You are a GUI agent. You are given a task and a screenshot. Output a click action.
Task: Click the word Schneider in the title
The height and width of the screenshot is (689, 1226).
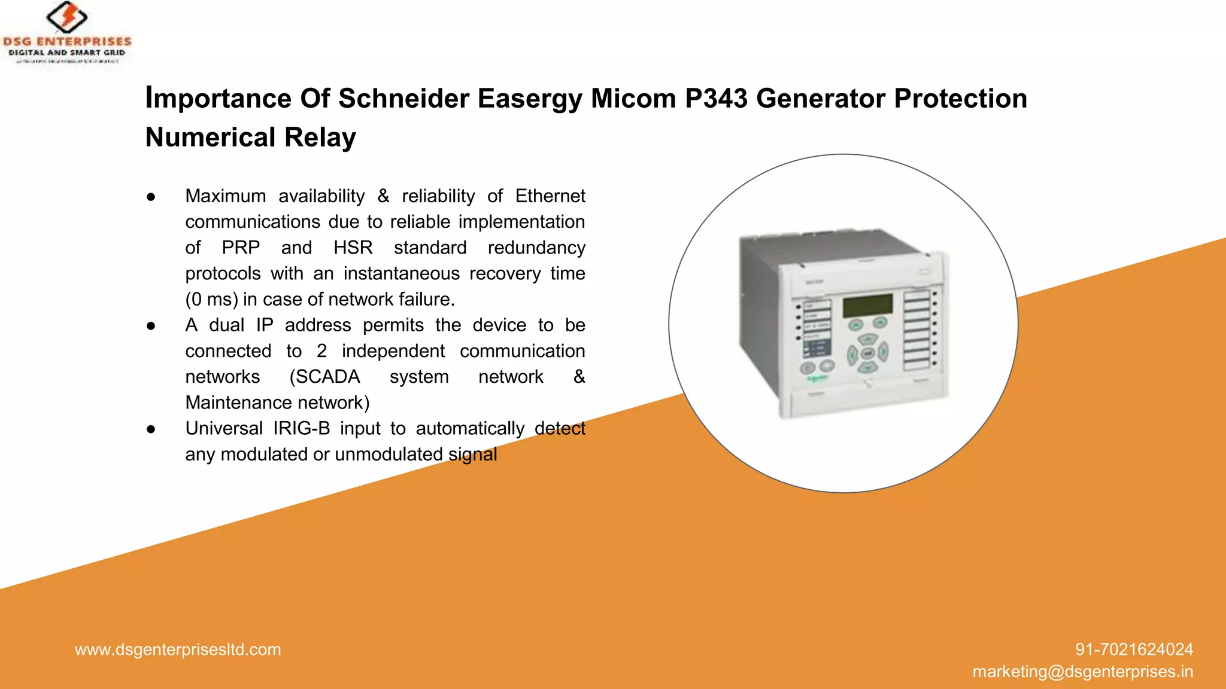coord(403,99)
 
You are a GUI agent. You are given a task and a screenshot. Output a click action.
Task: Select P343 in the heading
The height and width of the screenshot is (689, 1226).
coord(716,99)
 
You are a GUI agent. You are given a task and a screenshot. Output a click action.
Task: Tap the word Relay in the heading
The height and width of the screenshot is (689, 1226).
coord(320,138)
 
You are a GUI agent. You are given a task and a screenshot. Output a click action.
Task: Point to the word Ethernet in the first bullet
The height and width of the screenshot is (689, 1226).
coord(550,196)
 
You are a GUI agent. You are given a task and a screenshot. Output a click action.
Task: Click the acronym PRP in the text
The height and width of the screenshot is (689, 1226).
coord(241,248)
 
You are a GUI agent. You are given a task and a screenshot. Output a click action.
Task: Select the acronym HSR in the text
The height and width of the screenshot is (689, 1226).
coord(353,248)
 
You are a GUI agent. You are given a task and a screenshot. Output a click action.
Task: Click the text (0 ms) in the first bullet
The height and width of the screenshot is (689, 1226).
coord(211,299)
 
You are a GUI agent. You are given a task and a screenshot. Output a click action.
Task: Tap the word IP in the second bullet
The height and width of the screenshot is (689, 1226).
coord(265,325)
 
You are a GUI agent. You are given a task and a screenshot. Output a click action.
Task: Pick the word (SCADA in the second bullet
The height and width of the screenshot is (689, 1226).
coord(324,377)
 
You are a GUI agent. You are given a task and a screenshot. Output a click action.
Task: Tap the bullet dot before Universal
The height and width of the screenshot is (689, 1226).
coord(151,429)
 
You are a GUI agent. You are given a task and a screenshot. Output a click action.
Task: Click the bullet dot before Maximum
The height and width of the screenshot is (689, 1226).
coord(151,197)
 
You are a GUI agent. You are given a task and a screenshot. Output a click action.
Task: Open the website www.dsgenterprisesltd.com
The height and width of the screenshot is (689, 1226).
coord(178,650)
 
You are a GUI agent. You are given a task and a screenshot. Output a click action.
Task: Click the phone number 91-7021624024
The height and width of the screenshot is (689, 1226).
coord(1134,650)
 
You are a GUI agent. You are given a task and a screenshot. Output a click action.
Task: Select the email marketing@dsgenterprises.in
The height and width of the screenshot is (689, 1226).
coord(1082,672)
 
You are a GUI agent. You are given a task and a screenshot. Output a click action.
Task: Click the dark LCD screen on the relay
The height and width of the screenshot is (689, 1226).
coord(867,306)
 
